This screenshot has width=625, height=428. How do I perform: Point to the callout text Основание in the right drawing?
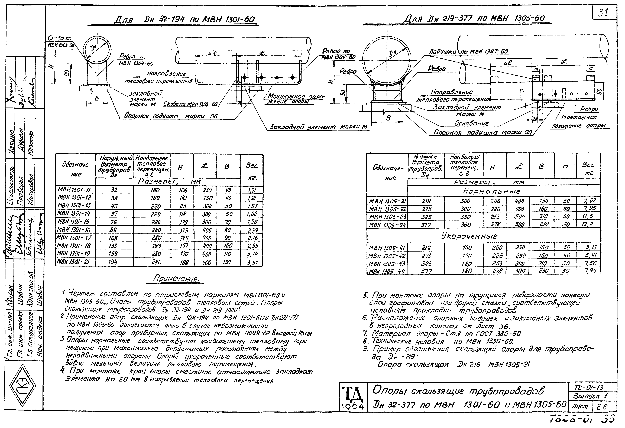471,123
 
